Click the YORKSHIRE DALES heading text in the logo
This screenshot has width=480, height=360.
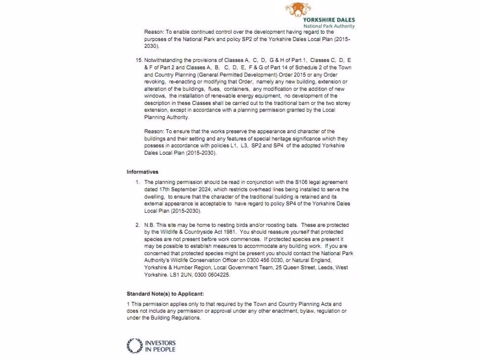(329, 20)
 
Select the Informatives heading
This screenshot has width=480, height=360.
(142, 172)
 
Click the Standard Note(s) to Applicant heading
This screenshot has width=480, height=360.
(165, 294)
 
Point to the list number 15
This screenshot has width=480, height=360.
(138, 60)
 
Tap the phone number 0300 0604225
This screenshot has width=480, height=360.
(214, 275)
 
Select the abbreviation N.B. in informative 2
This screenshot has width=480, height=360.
(150, 225)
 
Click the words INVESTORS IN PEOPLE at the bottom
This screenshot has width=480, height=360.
(160, 345)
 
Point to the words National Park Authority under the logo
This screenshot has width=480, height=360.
(329, 26)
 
